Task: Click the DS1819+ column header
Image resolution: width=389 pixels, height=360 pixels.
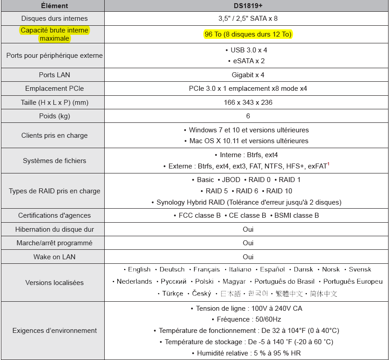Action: point(248,6)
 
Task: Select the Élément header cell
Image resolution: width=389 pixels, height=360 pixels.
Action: point(54,6)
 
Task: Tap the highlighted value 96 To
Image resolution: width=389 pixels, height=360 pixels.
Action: point(248,34)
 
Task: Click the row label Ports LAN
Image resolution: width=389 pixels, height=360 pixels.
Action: point(54,75)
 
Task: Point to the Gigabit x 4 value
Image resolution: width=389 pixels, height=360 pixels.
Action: point(248,75)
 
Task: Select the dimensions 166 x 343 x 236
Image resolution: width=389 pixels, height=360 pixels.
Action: point(248,103)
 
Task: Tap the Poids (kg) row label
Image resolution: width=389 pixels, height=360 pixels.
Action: point(54,116)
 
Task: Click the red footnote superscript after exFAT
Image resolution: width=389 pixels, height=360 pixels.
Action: point(329,164)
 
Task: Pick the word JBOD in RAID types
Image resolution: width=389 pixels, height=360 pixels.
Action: point(231,180)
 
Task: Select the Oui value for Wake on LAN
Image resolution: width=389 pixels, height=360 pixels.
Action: point(248,257)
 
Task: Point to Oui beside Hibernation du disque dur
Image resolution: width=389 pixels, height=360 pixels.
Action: point(248,229)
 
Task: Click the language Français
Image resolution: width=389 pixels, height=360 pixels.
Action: point(206,269)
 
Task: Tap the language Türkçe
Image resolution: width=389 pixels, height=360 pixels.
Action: point(173,294)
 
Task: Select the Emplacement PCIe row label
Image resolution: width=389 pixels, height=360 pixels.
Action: point(54,89)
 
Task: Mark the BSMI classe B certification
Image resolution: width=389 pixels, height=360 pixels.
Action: point(296,215)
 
